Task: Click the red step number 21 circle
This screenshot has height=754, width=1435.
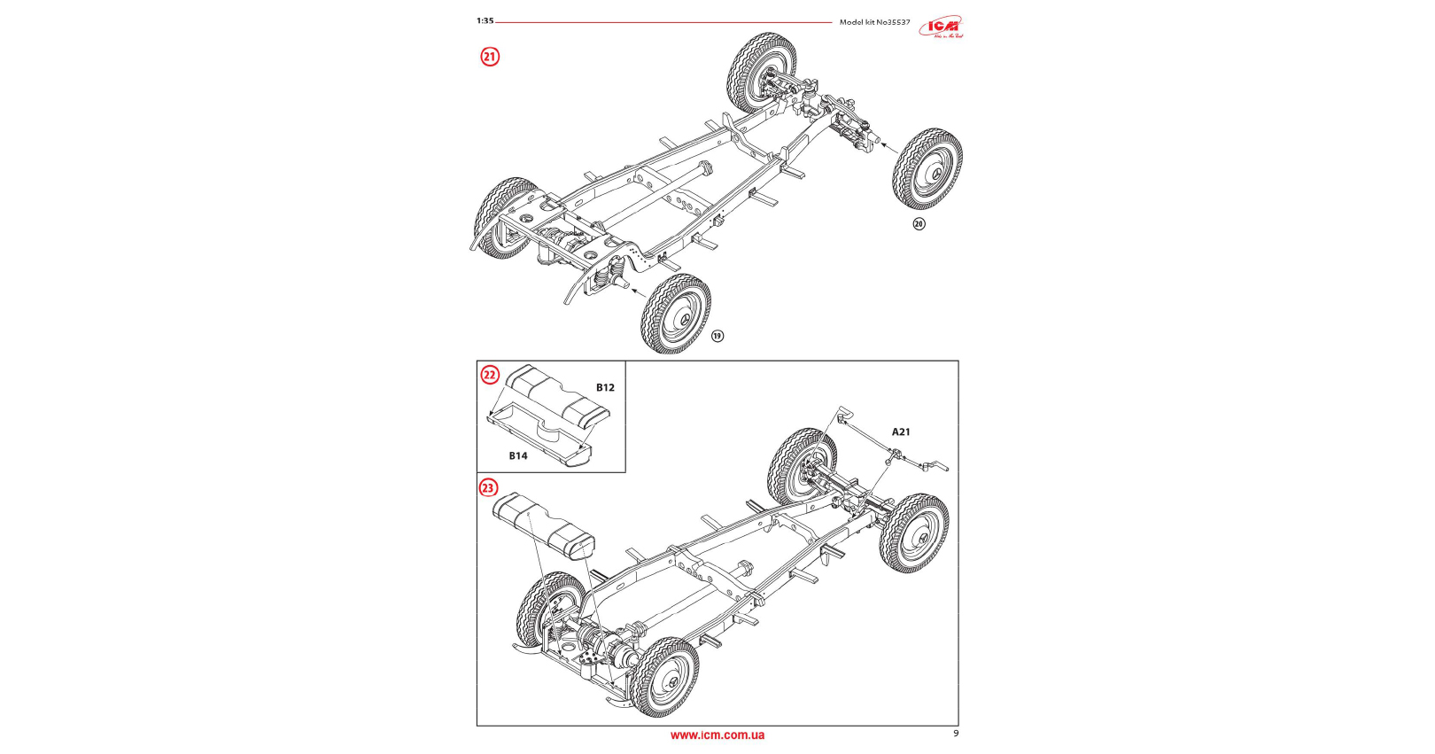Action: pos(490,57)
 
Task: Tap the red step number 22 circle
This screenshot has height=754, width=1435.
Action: pos(490,375)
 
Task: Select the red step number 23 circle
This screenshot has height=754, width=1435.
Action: pos(489,488)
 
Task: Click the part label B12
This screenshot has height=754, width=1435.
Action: pos(605,387)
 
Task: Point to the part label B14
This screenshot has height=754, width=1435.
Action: pos(518,455)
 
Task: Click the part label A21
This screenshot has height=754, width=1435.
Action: pos(901,431)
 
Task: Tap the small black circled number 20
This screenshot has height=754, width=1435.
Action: pos(919,224)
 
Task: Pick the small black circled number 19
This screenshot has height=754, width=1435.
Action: pos(717,336)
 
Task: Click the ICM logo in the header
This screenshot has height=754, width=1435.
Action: pos(941,27)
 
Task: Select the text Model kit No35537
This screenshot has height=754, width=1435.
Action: pos(874,22)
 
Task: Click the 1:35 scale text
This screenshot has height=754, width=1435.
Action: pos(485,20)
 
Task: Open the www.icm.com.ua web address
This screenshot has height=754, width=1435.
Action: pos(717,735)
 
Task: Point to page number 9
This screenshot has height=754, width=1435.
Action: pos(955,733)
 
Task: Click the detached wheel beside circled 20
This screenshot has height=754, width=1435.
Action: pos(927,168)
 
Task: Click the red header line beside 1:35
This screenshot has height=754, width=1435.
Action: pos(664,22)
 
